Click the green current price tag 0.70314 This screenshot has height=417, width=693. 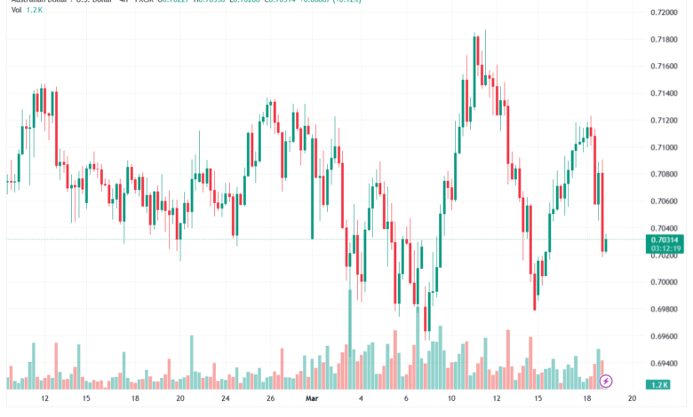[x=667, y=240]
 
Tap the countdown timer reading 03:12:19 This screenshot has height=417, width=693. [x=667, y=248]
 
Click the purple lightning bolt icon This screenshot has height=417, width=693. [x=606, y=381]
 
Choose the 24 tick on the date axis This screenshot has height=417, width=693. [x=226, y=400]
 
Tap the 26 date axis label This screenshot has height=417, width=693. [x=269, y=400]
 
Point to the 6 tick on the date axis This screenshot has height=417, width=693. [x=405, y=400]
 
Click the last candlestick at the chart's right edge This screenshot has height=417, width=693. [x=605, y=246]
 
